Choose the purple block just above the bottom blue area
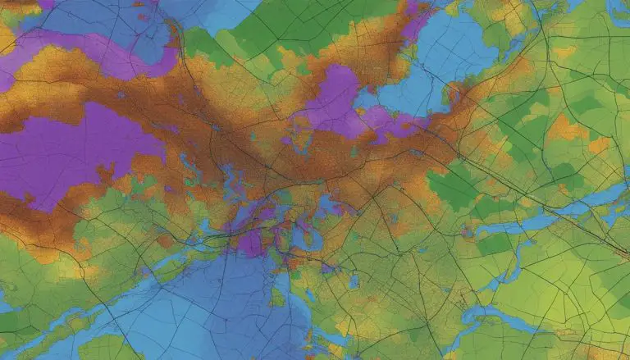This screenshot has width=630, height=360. (251, 242)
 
